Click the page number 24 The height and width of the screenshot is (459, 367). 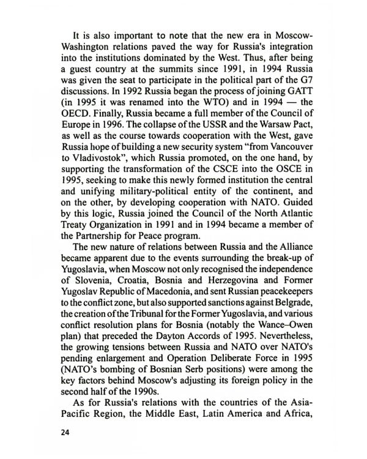tap(65, 433)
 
